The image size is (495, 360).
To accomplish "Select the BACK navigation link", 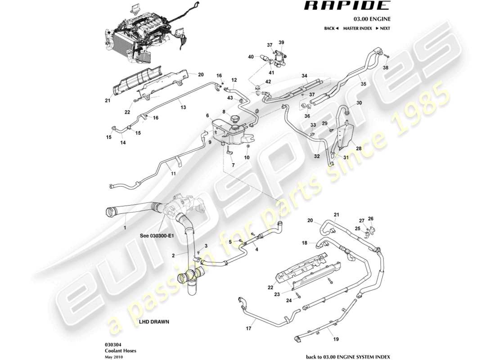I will [x=331, y=28].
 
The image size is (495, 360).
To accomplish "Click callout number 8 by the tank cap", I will [x=224, y=111].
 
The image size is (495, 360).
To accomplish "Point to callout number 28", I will [x=359, y=148].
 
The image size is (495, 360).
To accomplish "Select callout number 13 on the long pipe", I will [x=183, y=107].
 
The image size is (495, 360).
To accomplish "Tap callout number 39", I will [x=281, y=42].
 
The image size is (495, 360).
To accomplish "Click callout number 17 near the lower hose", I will [x=248, y=328].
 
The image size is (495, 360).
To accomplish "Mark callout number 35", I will [x=363, y=83].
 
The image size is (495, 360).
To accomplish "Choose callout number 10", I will [x=247, y=157].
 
